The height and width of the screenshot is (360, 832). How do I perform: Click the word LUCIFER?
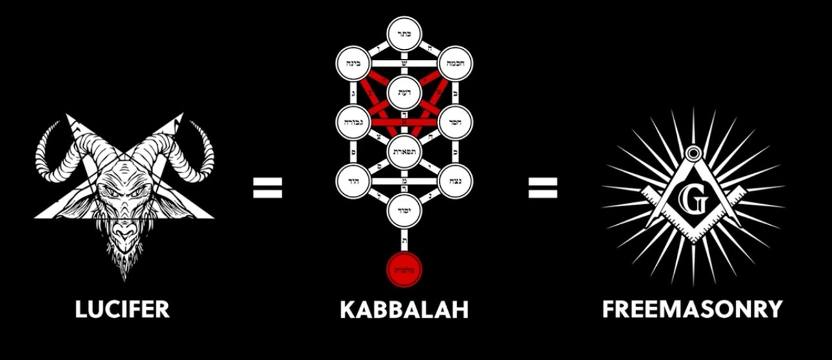[122, 309]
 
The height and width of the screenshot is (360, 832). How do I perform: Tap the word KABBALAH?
[404, 309]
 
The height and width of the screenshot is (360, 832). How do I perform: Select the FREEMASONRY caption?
[692, 309]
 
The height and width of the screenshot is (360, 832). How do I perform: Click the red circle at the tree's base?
[404, 270]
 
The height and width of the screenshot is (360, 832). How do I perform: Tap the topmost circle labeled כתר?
[404, 34]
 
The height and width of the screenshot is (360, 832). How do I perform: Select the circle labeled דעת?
[404, 92]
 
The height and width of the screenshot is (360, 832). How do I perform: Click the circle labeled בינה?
[353, 63]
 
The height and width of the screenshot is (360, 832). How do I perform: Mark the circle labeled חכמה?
[456, 63]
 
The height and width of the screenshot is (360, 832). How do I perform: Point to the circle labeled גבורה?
[353, 122]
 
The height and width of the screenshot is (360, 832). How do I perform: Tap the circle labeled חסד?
[456, 122]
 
